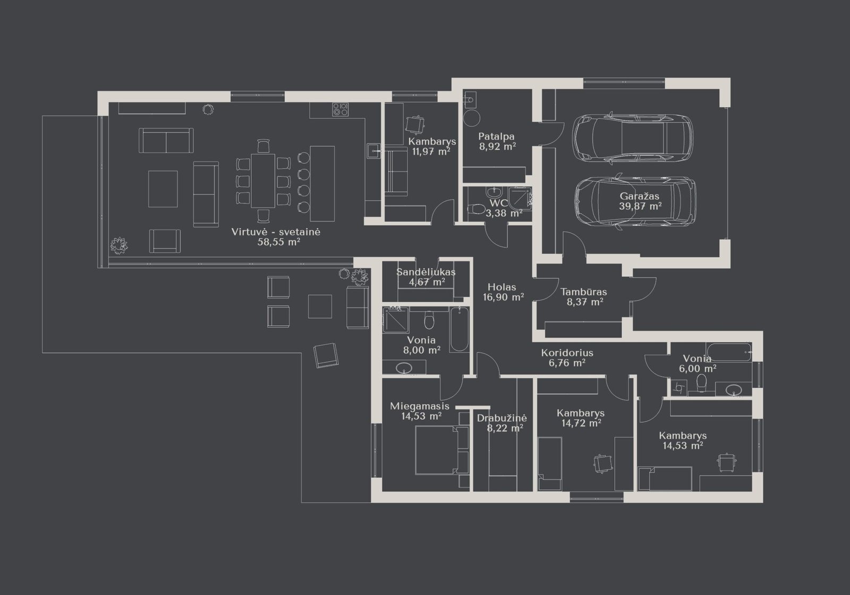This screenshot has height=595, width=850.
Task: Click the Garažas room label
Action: [x=640, y=197]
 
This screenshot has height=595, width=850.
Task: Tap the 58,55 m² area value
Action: [x=279, y=242]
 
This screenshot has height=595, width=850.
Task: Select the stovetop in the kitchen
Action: [x=341, y=109]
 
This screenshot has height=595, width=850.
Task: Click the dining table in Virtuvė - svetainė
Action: [x=263, y=181]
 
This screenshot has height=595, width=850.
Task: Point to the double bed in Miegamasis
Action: [x=442, y=450]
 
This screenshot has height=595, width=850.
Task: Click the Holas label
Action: [x=501, y=287]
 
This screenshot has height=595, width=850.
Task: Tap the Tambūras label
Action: [x=584, y=292]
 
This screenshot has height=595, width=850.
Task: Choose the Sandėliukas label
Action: [x=426, y=272]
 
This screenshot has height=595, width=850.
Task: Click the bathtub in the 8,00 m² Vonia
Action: [x=460, y=329]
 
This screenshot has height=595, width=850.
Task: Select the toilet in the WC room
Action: [x=476, y=208]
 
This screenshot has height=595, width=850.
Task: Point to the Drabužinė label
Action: [x=501, y=418]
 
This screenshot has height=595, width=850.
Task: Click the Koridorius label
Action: [x=567, y=353]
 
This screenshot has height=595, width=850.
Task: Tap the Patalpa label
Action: [x=496, y=137]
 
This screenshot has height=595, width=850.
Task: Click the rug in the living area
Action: [x=163, y=189]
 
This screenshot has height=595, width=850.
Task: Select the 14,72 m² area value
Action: [x=581, y=423]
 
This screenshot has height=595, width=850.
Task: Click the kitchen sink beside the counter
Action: [x=374, y=151]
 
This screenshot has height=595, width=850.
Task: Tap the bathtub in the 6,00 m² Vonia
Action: [x=728, y=352]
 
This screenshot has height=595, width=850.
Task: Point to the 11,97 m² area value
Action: [x=431, y=152]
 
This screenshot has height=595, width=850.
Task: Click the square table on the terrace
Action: [x=320, y=307]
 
